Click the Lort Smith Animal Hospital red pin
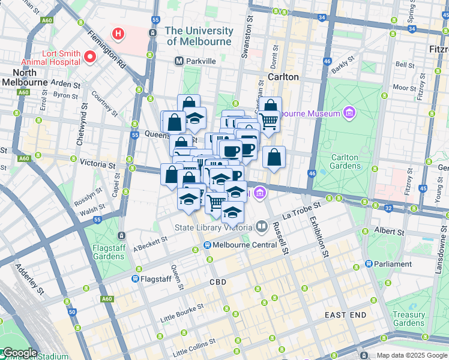[90, 57]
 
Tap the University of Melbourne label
[199, 36]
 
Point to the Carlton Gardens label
[345, 162]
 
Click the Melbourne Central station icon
[207, 245]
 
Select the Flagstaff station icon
[136, 278]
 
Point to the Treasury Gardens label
[409, 319]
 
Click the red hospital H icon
[119, 33]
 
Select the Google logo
[19, 353]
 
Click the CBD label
[217, 281]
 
